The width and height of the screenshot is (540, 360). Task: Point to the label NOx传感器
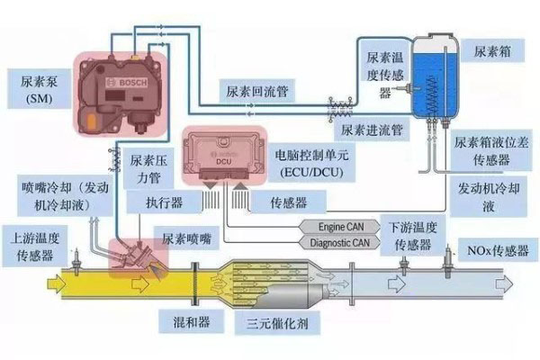[492, 247]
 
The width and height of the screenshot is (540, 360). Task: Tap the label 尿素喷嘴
[186, 240]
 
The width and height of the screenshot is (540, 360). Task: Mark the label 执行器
[165, 203]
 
